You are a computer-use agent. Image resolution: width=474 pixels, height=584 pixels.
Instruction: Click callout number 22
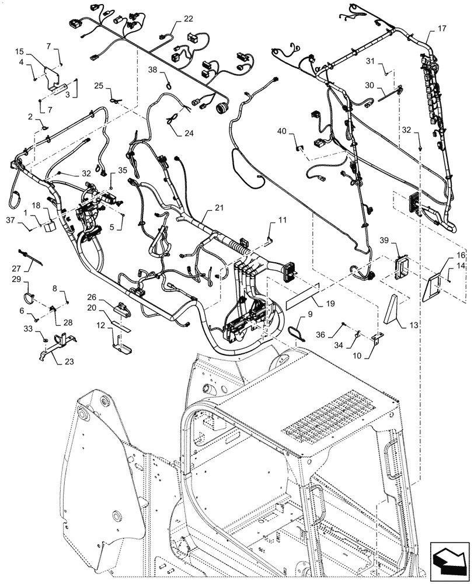tap(188, 19)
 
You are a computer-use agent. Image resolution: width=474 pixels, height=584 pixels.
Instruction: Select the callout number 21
tap(219, 208)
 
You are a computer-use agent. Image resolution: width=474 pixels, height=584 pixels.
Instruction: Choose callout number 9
tap(310, 314)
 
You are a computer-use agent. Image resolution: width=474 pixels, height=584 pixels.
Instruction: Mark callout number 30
tap(369, 85)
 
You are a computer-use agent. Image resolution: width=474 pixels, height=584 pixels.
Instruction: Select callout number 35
tap(122, 170)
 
